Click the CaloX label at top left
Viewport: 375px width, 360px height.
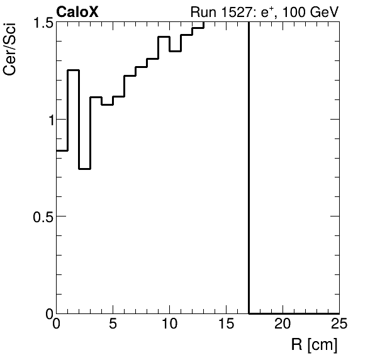click(x=77, y=12)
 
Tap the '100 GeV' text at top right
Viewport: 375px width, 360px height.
click(x=312, y=13)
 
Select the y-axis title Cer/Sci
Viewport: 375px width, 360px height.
click(x=11, y=55)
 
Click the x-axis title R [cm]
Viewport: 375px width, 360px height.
click(x=314, y=345)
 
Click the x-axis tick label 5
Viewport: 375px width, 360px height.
click(x=113, y=325)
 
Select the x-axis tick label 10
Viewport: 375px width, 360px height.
click(x=170, y=325)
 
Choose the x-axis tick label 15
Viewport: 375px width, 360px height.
click(x=227, y=325)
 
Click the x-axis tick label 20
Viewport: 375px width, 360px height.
click(x=283, y=325)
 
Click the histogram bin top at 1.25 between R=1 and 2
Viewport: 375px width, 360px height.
click(x=74, y=70)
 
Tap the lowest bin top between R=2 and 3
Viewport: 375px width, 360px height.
click(x=85, y=169)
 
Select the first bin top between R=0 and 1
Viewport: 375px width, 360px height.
click(x=62, y=150)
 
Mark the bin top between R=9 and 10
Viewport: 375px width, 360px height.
click(x=164, y=37)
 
